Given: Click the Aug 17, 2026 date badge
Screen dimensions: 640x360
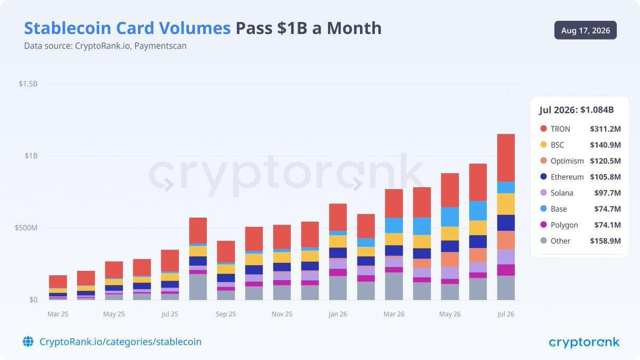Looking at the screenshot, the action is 586,30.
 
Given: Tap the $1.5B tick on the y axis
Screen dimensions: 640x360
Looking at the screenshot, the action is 28,84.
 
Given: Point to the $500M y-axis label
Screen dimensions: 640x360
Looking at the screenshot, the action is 26,228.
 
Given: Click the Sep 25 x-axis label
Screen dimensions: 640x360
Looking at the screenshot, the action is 226,314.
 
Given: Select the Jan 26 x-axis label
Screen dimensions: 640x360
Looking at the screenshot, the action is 338,314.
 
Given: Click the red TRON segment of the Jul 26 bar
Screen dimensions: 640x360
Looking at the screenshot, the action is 506,158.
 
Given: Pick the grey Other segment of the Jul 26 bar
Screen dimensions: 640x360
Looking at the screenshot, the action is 506,287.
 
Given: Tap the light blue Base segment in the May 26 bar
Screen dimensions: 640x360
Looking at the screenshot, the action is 450,217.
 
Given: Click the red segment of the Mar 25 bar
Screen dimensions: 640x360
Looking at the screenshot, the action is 58,282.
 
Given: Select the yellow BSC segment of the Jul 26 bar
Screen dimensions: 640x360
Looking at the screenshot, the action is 506,204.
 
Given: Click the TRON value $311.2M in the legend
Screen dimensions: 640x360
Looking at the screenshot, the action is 605,129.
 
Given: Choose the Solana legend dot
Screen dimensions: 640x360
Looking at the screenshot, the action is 543,193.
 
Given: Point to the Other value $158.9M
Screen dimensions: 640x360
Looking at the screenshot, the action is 605,241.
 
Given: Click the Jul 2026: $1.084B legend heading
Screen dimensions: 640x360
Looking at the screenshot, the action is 577,110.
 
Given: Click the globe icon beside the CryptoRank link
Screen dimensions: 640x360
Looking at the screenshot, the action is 28,341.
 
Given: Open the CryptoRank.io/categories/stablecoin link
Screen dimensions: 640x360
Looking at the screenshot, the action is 121,342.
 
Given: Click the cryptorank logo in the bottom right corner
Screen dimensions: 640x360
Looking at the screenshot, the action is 585,342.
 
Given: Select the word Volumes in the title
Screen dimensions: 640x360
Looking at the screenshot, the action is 195,28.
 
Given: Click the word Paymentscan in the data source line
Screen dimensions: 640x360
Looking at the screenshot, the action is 161,46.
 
